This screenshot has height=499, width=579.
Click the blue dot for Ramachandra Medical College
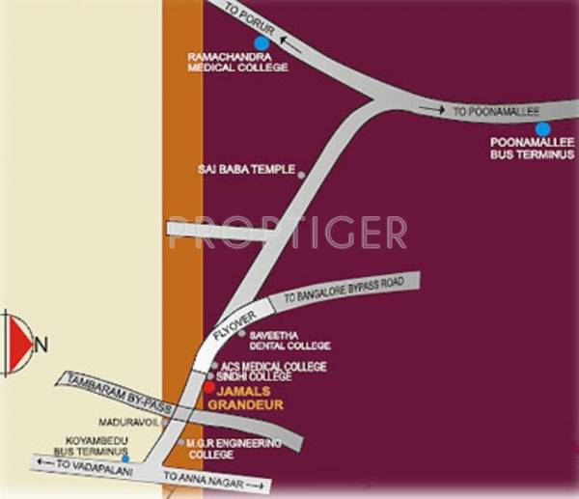(260, 42)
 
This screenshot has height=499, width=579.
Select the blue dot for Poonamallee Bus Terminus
(542, 128)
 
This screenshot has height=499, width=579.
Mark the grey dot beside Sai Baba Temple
(301, 175)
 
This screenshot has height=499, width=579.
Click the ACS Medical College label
(274, 367)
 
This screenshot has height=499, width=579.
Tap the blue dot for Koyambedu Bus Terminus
(125, 458)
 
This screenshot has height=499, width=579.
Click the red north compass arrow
(16, 343)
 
